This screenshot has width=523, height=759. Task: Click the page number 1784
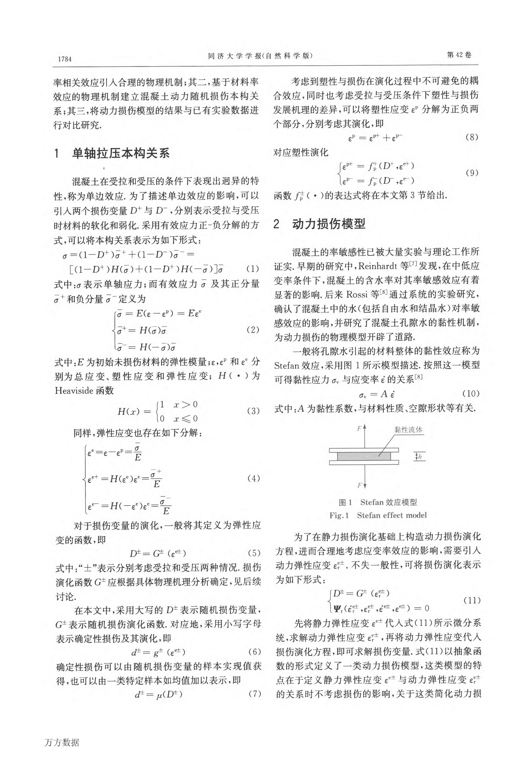point(65,59)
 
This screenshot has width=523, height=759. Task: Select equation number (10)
point(471,393)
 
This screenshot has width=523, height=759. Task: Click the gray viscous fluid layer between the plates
point(364,456)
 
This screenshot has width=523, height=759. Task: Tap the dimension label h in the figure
point(420,457)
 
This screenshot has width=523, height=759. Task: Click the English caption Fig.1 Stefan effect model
point(378,515)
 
